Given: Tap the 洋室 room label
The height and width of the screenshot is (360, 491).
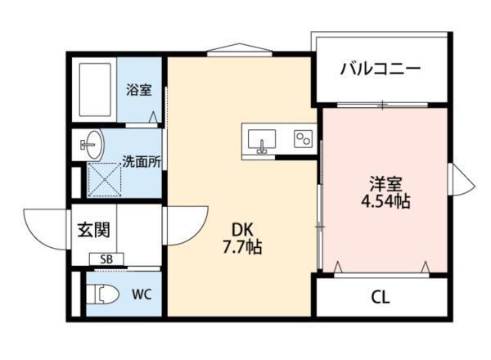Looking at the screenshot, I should click(x=383, y=182).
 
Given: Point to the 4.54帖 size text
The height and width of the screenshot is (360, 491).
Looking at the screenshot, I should click(x=383, y=201).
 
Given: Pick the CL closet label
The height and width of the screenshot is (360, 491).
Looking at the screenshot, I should click(x=379, y=296).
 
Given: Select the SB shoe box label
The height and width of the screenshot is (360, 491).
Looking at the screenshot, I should click(x=106, y=260).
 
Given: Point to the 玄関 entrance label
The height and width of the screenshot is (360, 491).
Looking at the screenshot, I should click(x=95, y=229).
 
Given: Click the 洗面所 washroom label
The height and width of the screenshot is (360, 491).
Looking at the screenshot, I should click(x=141, y=161).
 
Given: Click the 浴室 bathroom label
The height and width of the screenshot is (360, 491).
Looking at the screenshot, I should click(x=138, y=90).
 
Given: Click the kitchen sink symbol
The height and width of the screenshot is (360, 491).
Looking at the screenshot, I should click(x=262, y=139).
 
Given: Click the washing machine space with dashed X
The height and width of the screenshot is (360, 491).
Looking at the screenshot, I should click(x=103, y=180).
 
